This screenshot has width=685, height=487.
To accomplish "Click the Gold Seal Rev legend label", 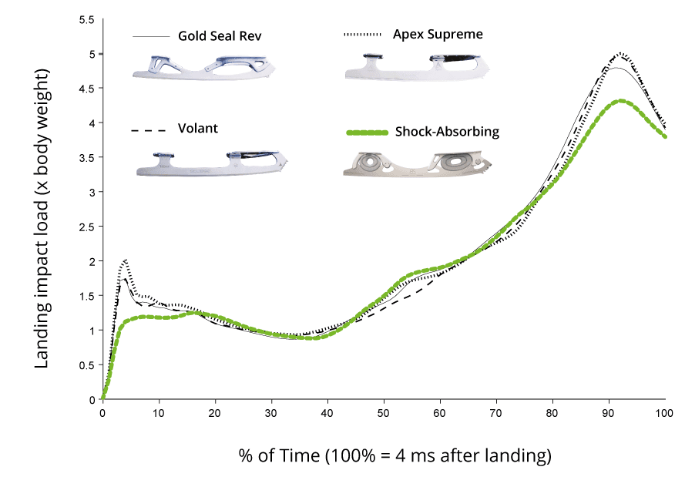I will pos(224,36).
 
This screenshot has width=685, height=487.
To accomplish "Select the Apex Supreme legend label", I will pos(438,35).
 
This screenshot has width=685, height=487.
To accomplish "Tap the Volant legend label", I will pos(197,129).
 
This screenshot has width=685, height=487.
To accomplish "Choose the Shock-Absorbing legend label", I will pos(447,132).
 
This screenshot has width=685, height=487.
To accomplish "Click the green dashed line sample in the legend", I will pos(364,133).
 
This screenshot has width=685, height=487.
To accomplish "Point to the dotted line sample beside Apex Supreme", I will pos(362,35).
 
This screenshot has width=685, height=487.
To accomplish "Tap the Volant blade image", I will pos(212,163).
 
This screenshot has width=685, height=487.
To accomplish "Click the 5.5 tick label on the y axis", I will pos(86,19).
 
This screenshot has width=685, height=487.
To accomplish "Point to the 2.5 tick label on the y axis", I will pos(86,227).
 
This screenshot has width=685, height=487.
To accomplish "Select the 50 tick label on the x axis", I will pos(384,413).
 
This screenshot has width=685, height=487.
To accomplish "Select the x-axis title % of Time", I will pos(395,456).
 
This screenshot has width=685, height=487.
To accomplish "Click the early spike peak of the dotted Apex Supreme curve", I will pos(125,260).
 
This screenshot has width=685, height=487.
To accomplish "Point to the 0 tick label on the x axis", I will pos(102,413).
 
